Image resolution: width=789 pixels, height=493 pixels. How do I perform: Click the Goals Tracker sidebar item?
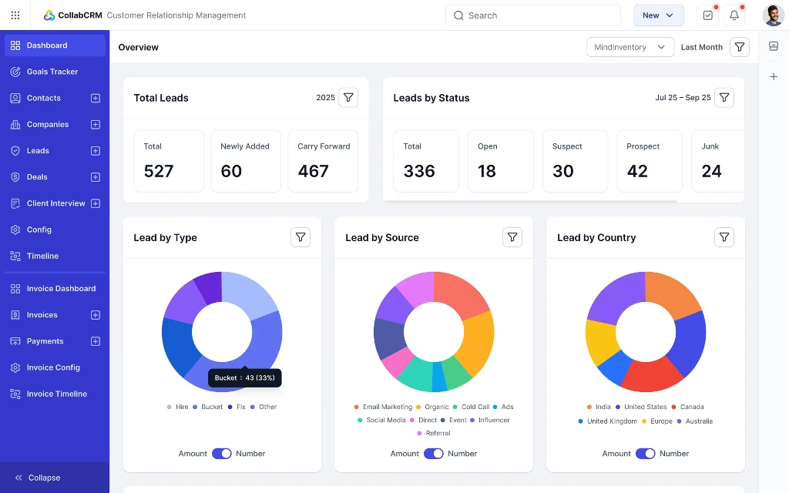tap(52, 72)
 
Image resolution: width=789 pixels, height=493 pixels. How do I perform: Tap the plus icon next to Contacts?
tap(96, 98)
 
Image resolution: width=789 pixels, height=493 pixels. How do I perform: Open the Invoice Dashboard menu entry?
tap(61, 289)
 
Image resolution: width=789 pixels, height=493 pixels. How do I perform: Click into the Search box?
tap(533, 15)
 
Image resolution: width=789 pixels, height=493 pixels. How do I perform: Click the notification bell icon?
tap(734, 15)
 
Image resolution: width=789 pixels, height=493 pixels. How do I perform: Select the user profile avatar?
tap(773, 15)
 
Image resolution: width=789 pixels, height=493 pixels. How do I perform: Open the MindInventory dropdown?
tap(630, 47)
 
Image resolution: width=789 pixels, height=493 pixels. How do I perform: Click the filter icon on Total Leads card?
tap(348, 98)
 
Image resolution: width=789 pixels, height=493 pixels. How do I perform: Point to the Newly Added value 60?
tap(231, 171)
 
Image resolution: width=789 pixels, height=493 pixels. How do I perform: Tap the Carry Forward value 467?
tap(313, 171)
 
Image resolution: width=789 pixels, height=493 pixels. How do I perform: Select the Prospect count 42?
tap(637, 171)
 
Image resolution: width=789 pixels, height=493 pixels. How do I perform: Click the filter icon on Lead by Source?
tap(512, 237)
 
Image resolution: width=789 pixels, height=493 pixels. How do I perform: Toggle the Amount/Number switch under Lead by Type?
tap(222, 454)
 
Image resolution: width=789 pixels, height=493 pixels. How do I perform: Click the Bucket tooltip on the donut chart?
tap(244, 378)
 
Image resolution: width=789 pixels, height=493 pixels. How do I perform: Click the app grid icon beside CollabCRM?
tap(15, 15)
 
